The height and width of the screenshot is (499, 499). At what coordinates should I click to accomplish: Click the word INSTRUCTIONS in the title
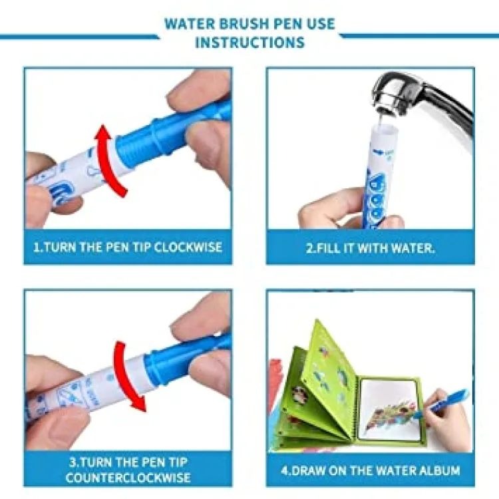[249, 43]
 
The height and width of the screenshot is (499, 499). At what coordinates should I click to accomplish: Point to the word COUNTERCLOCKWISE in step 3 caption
[128, 478]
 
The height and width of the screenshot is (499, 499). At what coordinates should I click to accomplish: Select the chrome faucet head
[399, 92]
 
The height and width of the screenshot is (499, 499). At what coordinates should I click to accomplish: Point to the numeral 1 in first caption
[37, 247]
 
